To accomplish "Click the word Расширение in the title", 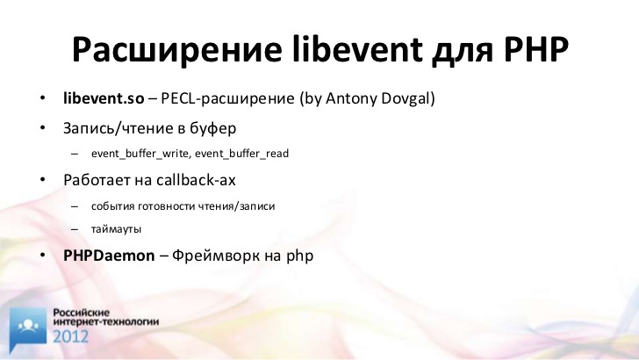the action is [177, 50].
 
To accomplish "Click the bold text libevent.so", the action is [104, 98].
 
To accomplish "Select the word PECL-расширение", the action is [227, 99].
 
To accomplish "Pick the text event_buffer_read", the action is [241, 154].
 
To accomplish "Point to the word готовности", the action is [167, 206].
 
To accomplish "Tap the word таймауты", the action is [116, 229].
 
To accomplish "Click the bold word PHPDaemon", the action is [109, 256].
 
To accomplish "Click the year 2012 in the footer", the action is [70, 337].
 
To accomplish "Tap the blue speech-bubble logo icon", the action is [28, 328].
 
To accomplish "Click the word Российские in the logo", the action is [82, 313].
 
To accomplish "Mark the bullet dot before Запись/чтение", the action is [43, 128].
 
